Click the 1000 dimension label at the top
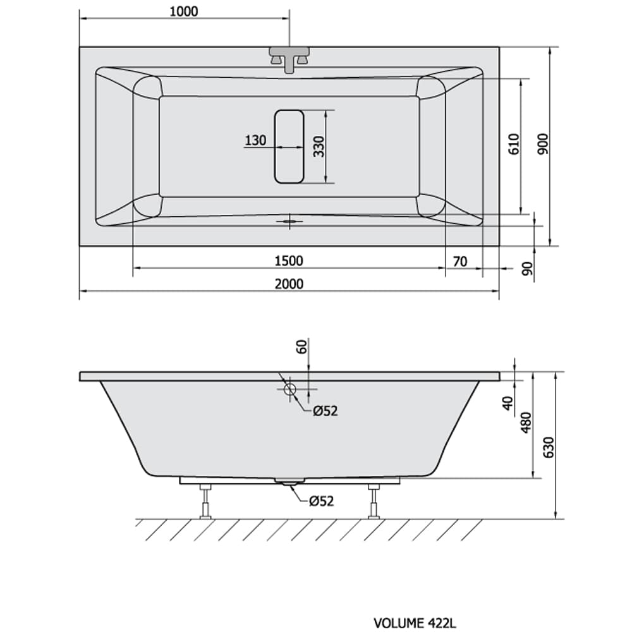(x=184, y=11)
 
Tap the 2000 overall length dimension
(x=289, y=284)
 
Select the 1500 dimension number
(x=289, y=261)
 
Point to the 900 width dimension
(x=544, y=143)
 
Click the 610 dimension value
(x=514, y=144)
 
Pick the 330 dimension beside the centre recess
(x=319, y=147)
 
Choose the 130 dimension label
(x=255, y=141)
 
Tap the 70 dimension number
(x=460, y=262)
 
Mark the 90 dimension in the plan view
(x=527, y=269)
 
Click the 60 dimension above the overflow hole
(x=302, y=346)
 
